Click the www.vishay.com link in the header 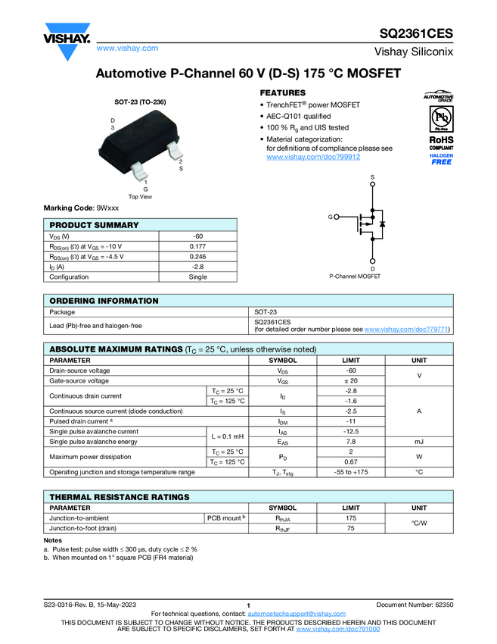pyautogui.click(x=127, y=48)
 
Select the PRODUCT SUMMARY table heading pyautogui.click(x=94, y=225)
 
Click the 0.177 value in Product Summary pyautogui.click(x=197, y=246)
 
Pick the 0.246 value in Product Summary pyautogui.click(x=197, y=256)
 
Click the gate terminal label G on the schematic pyautogui.click(x=331, y=217)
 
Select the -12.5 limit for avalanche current pyautogui.click(x=350, y=431)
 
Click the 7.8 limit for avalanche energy pyautogui.click(x=350, y=441)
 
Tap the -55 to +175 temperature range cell pyautogui.click(x=350, y=472)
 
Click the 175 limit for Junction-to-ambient pyautogui.click(x=350, y=517)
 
